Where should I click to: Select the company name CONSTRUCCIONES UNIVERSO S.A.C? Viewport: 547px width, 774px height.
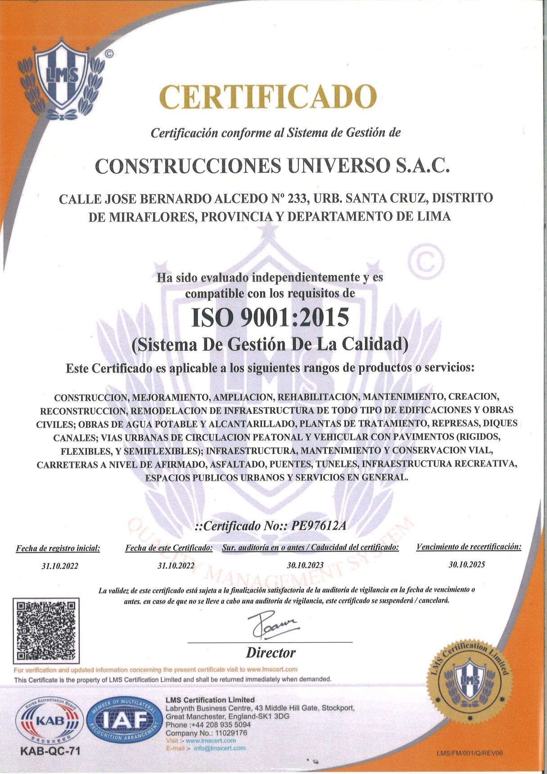(273, 166)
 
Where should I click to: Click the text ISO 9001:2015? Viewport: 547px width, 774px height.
(270, 317)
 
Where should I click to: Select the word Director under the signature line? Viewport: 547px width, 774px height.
(271, 652)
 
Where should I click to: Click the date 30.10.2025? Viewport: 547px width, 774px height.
(466, 565)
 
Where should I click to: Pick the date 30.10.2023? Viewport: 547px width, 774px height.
(305, 565)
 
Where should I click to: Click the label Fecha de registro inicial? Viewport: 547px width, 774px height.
(58, 548)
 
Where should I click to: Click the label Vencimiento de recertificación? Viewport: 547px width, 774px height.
(468, 548)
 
